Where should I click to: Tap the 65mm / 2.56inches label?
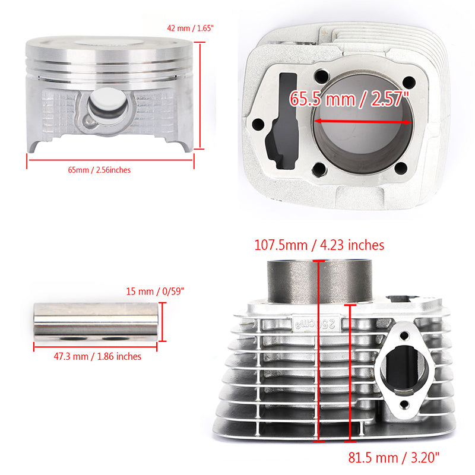pos(99,170)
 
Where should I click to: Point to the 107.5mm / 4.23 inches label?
pos(319,245)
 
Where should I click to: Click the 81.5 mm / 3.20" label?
pos(394,457)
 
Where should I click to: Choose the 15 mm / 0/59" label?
pos(156,291)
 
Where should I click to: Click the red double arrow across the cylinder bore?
pos(363,121)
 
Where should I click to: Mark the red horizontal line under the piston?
pos(110,159)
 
